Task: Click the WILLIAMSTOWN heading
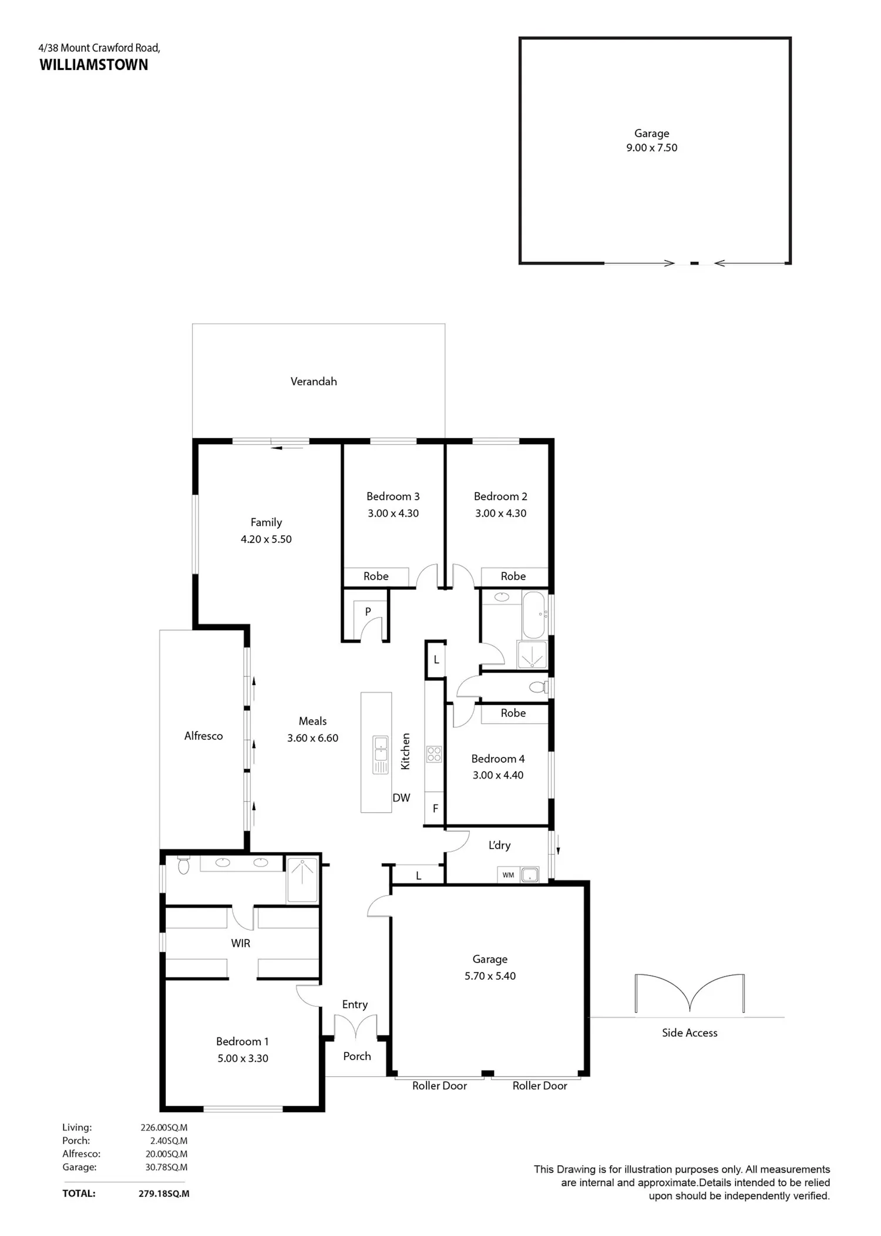pyautogui.click(x=94, y=65)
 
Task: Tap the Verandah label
pyautogui.click(x=314, y=381)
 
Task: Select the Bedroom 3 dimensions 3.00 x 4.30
pyautogui.click(x=393, y=513)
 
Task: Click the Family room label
pyautogui.click(x=266, y=522)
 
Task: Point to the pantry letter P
pyautogui.click(x=368, y=612)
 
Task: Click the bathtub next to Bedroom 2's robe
pyautogui.click(x=534, y=614)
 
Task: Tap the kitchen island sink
pyautogui.click(x=381, y=754)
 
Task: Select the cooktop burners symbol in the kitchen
pyautogui.click(x=434, y=754)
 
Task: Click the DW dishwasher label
pyautogui.click(x=401, y=798)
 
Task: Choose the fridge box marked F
pyautogui.click(x=435, y=809)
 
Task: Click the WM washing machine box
pyautogui.click(x=508, y=875)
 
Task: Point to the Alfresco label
pyautogui.click(x=203, y=735)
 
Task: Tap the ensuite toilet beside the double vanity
pyautogui.click(x=183, y=865)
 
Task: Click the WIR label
pyautogui.click(x=240, y=943)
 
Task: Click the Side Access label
pyautogui.click(x=690, y=1033)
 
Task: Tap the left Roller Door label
pyautogui.click(x=439, y=1086)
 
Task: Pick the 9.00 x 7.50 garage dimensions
pyautogui.click(x=651, y=147)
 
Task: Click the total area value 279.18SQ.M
pyautogui.click(x=164, y=1193)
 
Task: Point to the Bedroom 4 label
pyautogui.click(x=498, y=758)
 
